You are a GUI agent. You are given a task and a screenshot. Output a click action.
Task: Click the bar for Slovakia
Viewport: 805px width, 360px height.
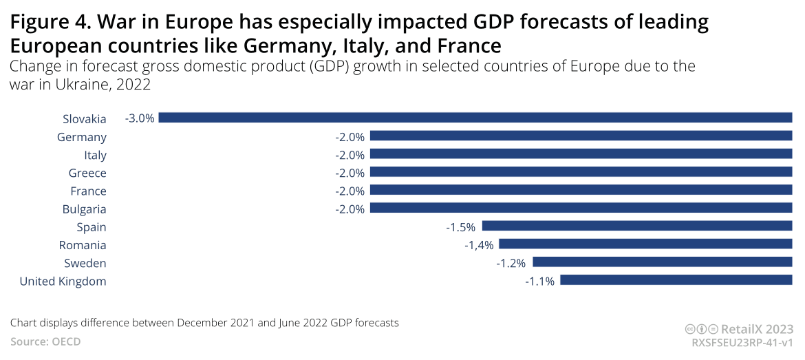pyautogui.click(x=475, y=118)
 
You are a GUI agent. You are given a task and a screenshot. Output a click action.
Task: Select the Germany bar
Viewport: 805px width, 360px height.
pyautogui.click(x=581, y=136)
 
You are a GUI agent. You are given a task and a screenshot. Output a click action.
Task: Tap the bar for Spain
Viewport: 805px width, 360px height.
pyautogui.click(x=637, y=226)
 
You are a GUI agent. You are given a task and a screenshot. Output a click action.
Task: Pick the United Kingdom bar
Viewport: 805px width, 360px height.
pyautogui.click(x=676, y=280)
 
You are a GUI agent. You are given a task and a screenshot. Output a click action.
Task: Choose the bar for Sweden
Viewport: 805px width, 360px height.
pyautogui.click(x=663, y=262)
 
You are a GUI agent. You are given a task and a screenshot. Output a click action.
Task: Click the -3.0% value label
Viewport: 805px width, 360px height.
pyautogui.click(x=140, y=118)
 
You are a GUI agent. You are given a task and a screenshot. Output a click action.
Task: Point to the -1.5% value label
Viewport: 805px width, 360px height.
pyautogui.click(x=460, y=226)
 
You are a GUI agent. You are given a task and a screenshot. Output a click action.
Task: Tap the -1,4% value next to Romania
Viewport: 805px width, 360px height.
pyautogui.click(x=478, y=244)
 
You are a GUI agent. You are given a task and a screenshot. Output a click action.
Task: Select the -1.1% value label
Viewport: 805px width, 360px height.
pyautogui.click(x=539, y=281)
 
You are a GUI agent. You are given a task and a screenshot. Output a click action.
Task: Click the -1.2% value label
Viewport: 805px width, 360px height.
pyautogui.click(x=511, y=263)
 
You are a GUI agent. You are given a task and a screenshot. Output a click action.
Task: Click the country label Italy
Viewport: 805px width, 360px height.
pyautogui.click(x=95, y=155)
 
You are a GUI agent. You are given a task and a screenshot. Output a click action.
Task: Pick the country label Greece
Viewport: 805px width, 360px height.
pyautogui.click(x=87, y=173)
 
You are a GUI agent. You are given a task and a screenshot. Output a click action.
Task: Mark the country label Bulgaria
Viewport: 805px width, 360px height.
pyautogui.click(x=84, y=209)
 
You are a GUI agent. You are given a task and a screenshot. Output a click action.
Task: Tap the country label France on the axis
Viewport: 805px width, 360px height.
pyautogui.click(x=88, y=191)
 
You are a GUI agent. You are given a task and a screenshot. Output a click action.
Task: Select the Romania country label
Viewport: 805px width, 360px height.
pyautogui.click(x=83, y=245)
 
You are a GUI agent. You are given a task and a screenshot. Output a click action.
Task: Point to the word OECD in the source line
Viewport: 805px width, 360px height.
pyautogui.click(x=67, y=341)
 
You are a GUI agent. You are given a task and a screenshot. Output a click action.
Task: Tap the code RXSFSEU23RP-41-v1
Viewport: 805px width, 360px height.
pyautogui.click(x=742, y=342)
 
